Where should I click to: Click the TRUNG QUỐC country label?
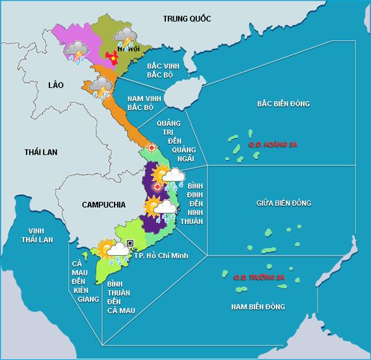point(187,19)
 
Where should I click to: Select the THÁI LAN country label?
point(41,152)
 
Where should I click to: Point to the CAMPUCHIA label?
point(103,204)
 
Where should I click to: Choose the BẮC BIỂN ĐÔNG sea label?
point(283,104)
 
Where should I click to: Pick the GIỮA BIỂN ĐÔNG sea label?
point(283,203)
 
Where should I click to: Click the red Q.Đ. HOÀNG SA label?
point(272,144)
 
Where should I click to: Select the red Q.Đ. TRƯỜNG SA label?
point(259,277)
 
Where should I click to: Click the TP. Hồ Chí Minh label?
point(161,255)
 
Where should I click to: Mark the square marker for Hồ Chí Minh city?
point(131,243)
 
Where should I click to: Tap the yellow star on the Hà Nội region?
point(115,58)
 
